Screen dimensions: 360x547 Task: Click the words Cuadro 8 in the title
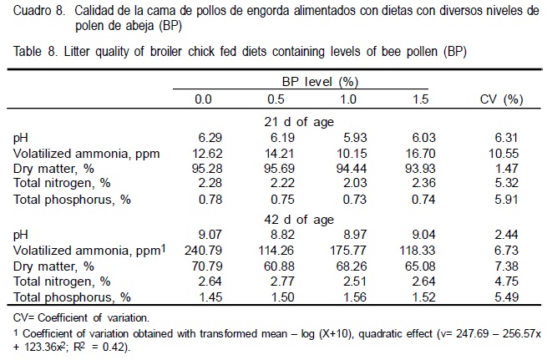point(38,13)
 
